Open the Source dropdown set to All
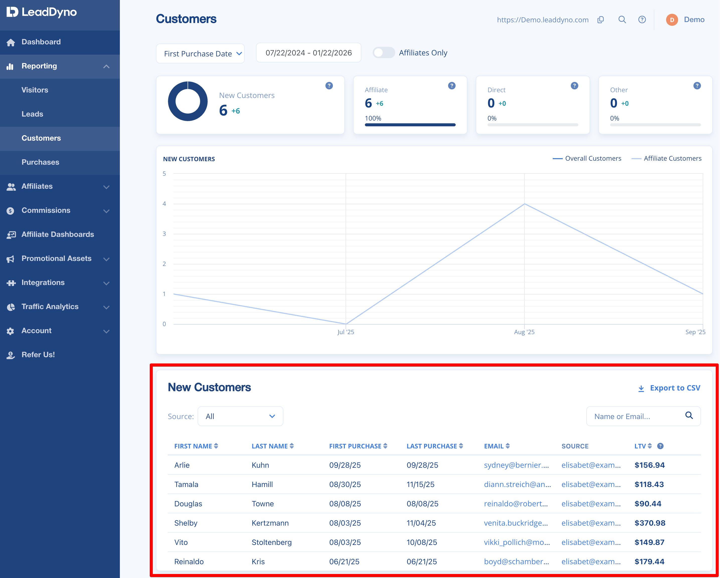[241, 416]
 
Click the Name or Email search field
[643, 416]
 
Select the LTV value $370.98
[650, 523]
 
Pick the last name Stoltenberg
[272, 542]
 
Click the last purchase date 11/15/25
[421, 485]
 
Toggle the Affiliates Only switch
[384, 53]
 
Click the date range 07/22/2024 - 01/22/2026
[308, 53]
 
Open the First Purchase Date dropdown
[200, 53]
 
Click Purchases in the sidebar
[40, 162]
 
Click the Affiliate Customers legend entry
[667, 158]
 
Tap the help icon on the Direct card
[574, 86]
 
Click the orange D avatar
[672, 20]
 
